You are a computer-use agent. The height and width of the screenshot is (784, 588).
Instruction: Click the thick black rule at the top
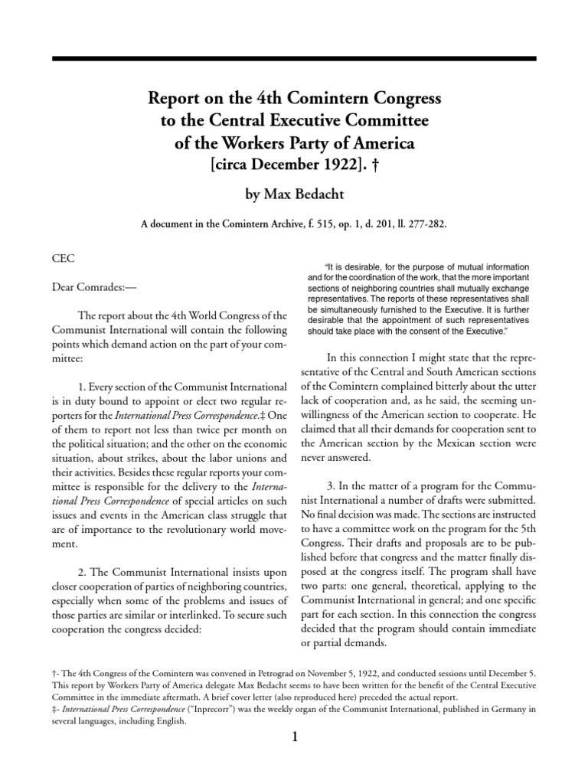coord(294,58)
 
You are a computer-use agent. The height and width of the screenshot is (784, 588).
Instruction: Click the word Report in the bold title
coord(173,99)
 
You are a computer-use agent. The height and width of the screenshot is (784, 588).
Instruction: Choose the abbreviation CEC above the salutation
coord(62,260)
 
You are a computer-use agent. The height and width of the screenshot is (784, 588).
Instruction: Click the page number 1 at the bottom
coord(294,737)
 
